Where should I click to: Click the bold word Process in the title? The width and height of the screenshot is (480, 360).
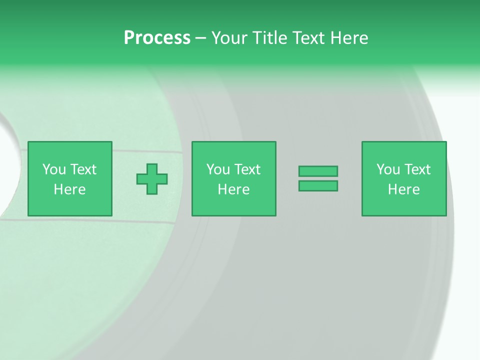157,38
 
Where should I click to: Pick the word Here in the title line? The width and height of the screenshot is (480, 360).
349,38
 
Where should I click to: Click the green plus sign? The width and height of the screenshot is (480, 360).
152,178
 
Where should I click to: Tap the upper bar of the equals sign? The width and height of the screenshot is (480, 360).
318,171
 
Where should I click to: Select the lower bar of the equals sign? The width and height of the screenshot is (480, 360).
318,186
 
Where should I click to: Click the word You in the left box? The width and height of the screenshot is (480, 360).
54,169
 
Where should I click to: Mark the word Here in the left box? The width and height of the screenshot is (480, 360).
69,189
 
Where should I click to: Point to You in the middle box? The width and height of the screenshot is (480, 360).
218,169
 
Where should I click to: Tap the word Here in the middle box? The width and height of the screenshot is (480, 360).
233,189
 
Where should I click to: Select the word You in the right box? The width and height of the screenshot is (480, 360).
388,169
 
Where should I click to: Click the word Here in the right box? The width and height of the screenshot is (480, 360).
403,189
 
